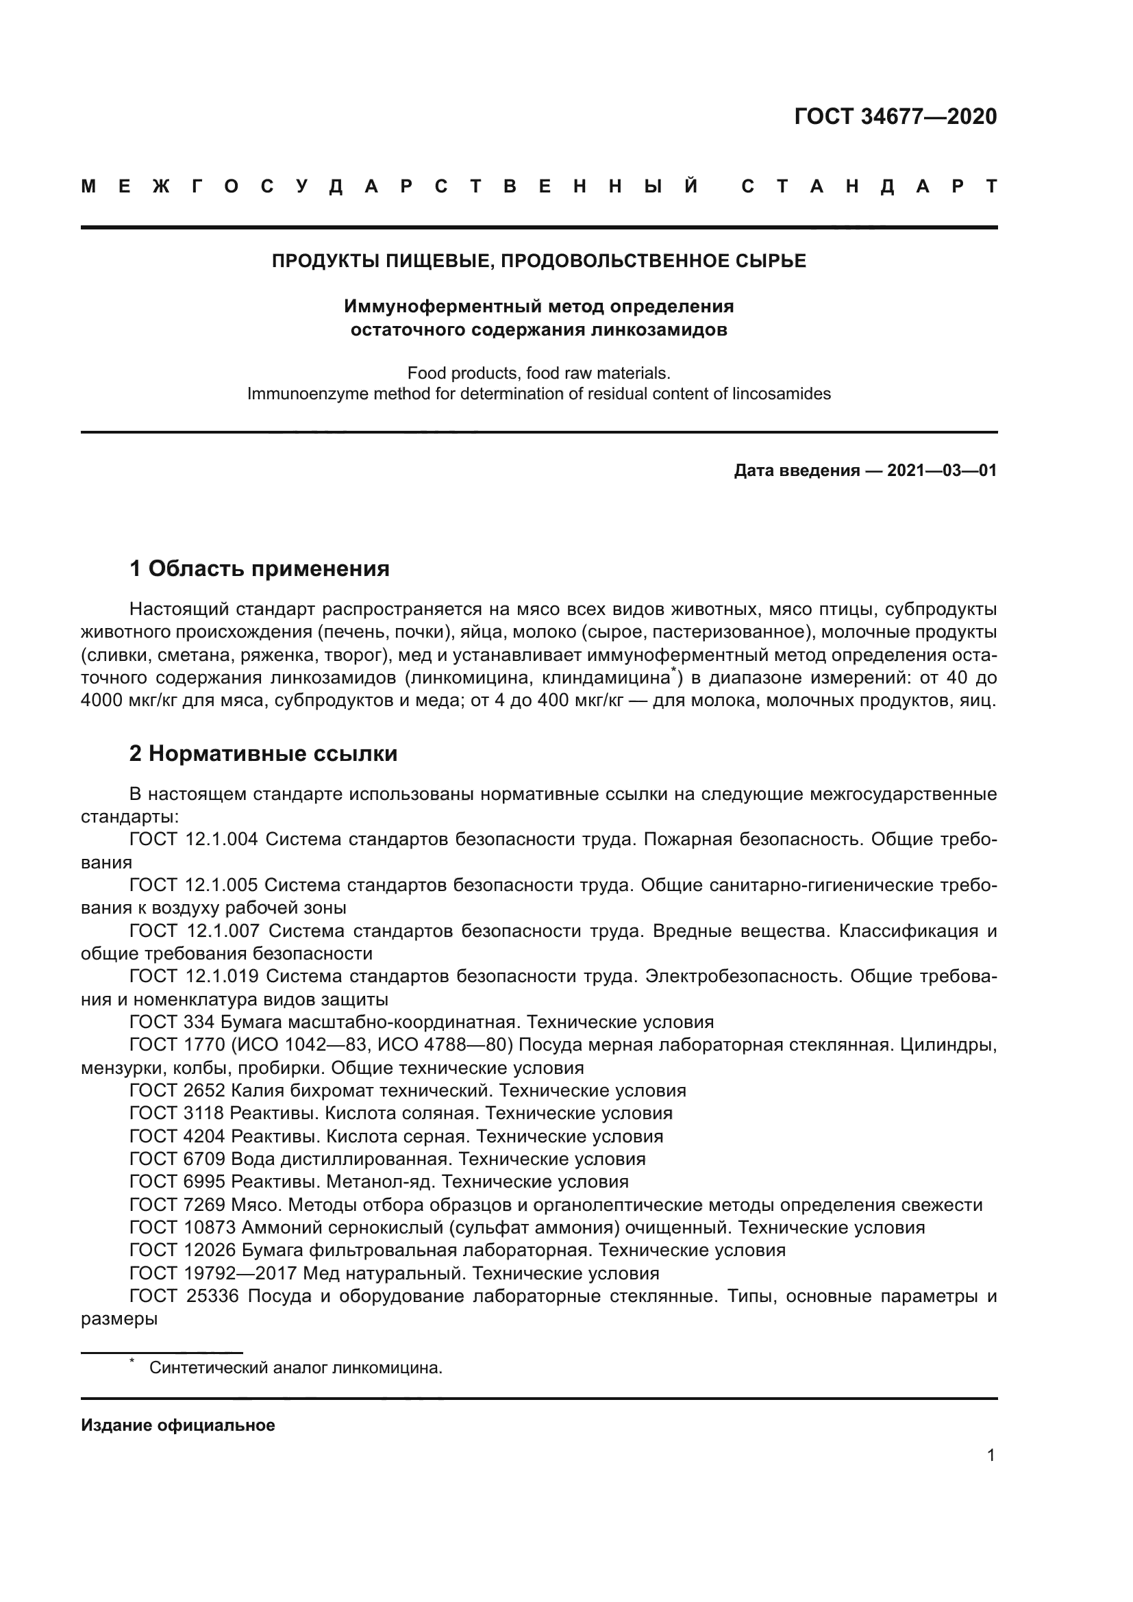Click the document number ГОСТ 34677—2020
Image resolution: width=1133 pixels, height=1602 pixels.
[895, 116]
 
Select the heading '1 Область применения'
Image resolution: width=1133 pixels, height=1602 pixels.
[259, 568]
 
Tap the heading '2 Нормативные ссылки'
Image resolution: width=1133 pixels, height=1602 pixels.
[263, 753]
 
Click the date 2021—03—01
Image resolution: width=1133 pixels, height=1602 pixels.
[942, 471]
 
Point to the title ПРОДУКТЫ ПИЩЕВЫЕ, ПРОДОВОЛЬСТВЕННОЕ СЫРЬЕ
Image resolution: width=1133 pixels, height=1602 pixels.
[538, 261]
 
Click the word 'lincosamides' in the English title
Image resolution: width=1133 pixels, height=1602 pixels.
[782, 394]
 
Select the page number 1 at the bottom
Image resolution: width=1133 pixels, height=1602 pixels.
[991, 1455]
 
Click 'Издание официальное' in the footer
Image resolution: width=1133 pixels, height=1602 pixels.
[178, 1425]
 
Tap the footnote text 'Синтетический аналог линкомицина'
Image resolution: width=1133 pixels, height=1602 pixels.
[295, 1368]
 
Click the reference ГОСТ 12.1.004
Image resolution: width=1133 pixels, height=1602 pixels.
[193, 840]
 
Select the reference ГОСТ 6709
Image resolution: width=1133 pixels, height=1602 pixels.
[177, 1159]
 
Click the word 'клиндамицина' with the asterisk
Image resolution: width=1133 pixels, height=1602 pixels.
[606, 677]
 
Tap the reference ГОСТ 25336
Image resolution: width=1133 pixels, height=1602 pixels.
[184, 1297]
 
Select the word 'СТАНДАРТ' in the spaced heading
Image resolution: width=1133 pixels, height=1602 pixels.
[869, 186]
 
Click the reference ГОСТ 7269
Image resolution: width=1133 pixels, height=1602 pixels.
[177, 1205]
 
